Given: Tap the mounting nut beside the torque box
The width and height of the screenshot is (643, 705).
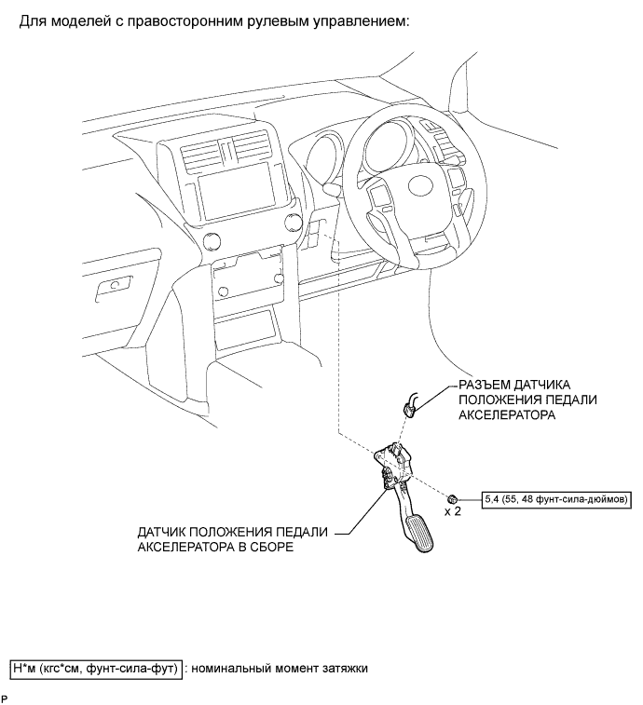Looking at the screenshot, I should pyautogui.click(x=451, y=497).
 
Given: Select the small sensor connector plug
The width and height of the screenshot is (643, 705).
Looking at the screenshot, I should pyautogui.click(x=409, y=405).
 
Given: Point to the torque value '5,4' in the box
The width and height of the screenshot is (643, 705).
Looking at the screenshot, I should pyautogui.click(x=494, y=499).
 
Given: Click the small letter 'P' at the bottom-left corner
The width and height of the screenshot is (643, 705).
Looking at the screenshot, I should pyautogui.click(x=5, y=698).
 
